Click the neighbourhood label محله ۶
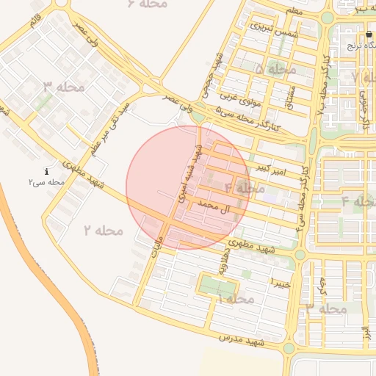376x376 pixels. click(147, 4)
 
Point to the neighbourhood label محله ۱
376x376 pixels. click(235, 299)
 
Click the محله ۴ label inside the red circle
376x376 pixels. click(245, 189)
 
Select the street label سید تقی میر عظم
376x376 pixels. click(110, 118)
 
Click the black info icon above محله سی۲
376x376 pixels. click(47, 170)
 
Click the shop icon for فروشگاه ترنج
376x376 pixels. click(369, 35)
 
